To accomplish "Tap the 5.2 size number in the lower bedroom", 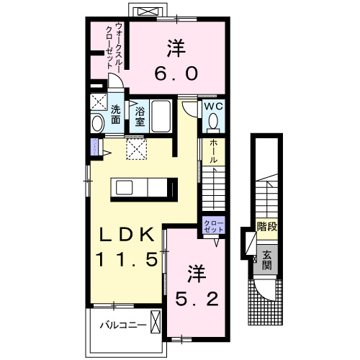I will click(194, 296).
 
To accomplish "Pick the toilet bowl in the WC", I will click(212, 122).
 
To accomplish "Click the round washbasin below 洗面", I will click(99, 124).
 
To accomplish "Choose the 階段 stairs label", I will click(267, 230).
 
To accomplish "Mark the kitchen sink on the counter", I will click(122, 189).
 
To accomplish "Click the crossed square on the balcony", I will click(156, 321).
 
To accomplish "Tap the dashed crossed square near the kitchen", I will click(136, 148).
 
